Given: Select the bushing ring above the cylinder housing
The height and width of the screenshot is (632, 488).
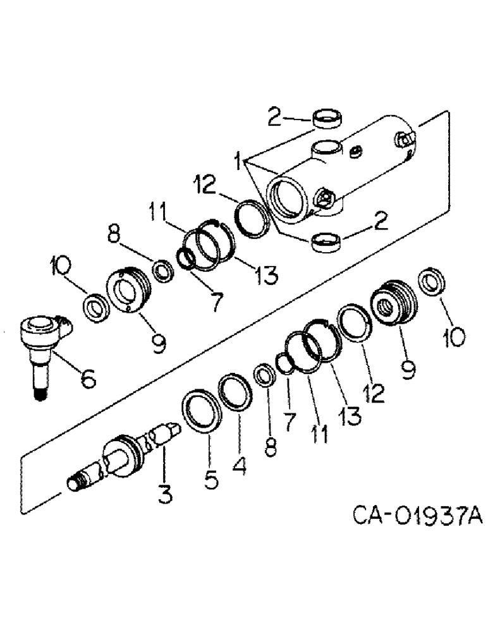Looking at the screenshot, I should pyautogui.click(x=327, y=119).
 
